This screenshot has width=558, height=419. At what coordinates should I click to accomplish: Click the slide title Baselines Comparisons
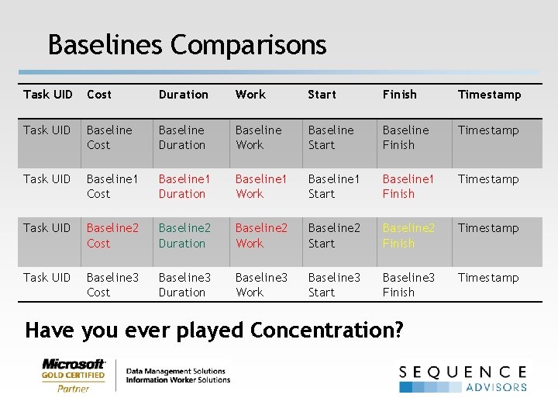(187, 44)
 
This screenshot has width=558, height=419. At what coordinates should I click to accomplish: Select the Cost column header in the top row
(99, 95)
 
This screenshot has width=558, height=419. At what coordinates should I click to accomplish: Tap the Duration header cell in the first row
(183, 95)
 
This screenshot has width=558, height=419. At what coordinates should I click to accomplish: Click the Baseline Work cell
(258, 137)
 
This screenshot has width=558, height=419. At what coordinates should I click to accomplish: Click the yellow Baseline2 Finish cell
(408, 235)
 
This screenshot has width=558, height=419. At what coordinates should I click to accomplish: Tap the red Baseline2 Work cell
(261, 235)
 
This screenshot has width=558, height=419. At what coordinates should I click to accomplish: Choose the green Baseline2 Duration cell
(184, 235)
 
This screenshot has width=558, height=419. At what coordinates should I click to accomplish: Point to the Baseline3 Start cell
(334, 285)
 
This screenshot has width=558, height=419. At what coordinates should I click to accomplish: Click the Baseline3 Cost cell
(112, 285)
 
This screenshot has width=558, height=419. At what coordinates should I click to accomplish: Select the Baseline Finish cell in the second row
(405, 137)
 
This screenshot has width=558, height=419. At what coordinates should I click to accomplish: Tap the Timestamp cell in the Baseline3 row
(488, 278)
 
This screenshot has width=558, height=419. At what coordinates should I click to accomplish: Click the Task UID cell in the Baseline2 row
(47, 228)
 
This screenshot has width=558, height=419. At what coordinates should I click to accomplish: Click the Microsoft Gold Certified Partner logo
(74, 376)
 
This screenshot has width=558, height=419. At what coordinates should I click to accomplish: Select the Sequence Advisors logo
(463, 378)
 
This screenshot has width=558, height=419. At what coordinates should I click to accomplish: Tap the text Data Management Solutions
(176, 372)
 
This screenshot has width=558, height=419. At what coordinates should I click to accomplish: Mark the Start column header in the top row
(322, 95)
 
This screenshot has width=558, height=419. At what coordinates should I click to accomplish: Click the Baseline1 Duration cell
(184, 186)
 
